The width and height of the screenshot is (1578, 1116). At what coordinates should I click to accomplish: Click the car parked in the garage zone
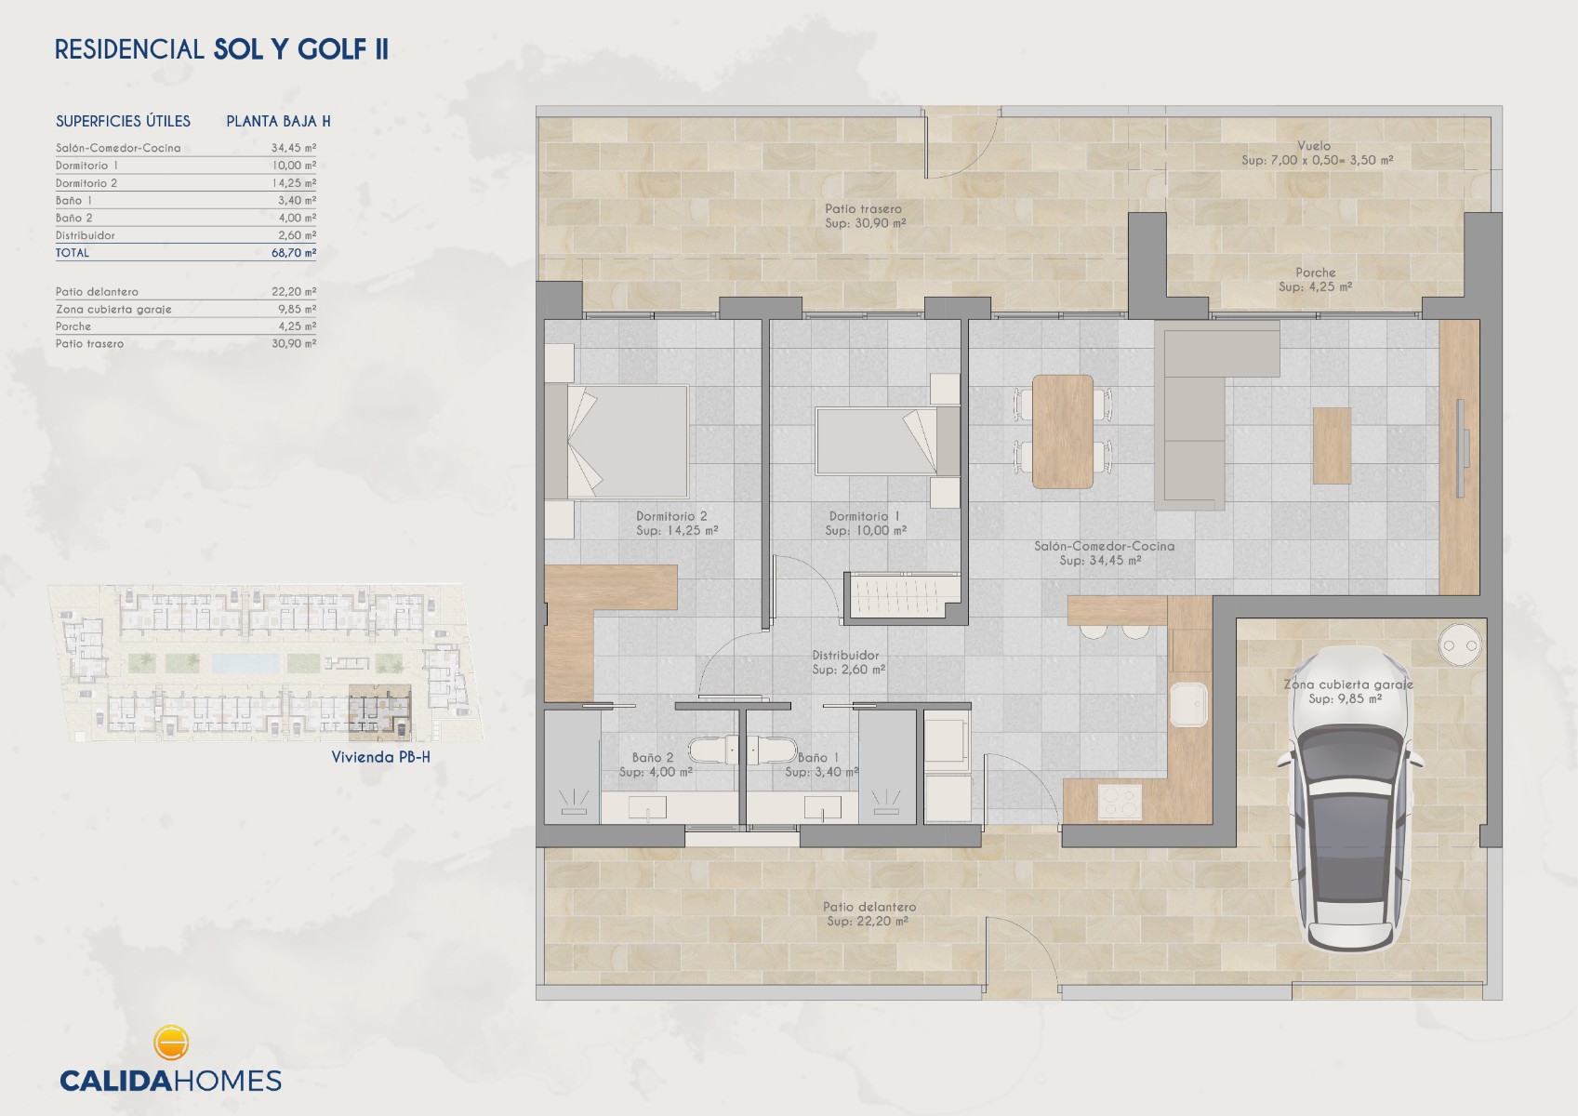click(1350, 800)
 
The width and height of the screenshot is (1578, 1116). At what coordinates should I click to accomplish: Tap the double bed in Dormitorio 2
click(617, 441)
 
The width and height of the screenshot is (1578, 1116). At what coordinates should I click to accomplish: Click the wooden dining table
click(1062, 432)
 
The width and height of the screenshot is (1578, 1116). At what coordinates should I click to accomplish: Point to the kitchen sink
click(1188, 705)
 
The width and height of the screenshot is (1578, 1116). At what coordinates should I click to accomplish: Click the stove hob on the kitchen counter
click(1120, 802)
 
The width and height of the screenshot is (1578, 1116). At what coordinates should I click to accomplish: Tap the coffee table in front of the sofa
click(1332, 445)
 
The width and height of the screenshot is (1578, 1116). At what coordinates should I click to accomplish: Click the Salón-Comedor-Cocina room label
click(1104, 546)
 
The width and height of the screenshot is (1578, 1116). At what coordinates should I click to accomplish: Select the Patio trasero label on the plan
click(863, 208)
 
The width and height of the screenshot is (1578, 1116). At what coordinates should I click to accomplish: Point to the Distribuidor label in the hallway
click(845, 656)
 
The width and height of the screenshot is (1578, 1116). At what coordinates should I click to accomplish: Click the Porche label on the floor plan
click(1315, 272)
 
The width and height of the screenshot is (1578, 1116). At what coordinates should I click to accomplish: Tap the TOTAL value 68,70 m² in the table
click(294, 253)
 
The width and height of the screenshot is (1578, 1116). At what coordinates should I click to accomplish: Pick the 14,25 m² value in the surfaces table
click(294, 183)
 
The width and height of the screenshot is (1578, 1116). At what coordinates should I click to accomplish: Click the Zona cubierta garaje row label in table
click(113, 310)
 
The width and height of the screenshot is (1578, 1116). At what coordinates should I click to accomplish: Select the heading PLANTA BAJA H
click(278, 121)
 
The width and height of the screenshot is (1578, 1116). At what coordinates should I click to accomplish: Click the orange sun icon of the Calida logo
click(170, 1043)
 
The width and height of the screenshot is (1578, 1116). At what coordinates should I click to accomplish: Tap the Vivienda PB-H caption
click(380, 757)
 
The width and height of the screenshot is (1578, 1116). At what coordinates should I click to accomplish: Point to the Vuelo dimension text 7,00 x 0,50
click(1318, 160)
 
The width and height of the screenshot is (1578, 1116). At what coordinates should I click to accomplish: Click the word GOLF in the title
click(333, 49)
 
